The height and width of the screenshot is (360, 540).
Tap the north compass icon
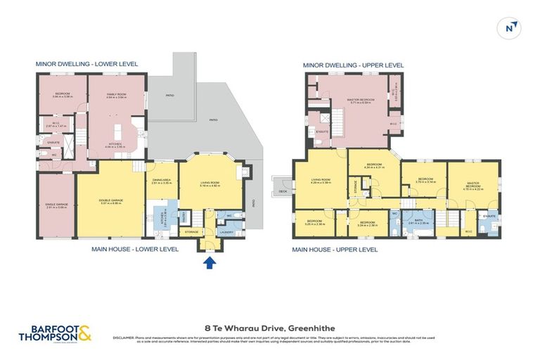tap(510, 27)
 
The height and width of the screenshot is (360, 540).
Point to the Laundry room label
tap(226, 231)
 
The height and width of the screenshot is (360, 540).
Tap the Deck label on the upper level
tap(283, 191)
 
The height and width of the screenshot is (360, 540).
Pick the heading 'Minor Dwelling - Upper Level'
tap(353, 65)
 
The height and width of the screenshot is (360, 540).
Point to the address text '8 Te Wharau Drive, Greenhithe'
tap(270, 328)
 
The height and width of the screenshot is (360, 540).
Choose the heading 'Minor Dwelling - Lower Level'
tap(86, 64)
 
